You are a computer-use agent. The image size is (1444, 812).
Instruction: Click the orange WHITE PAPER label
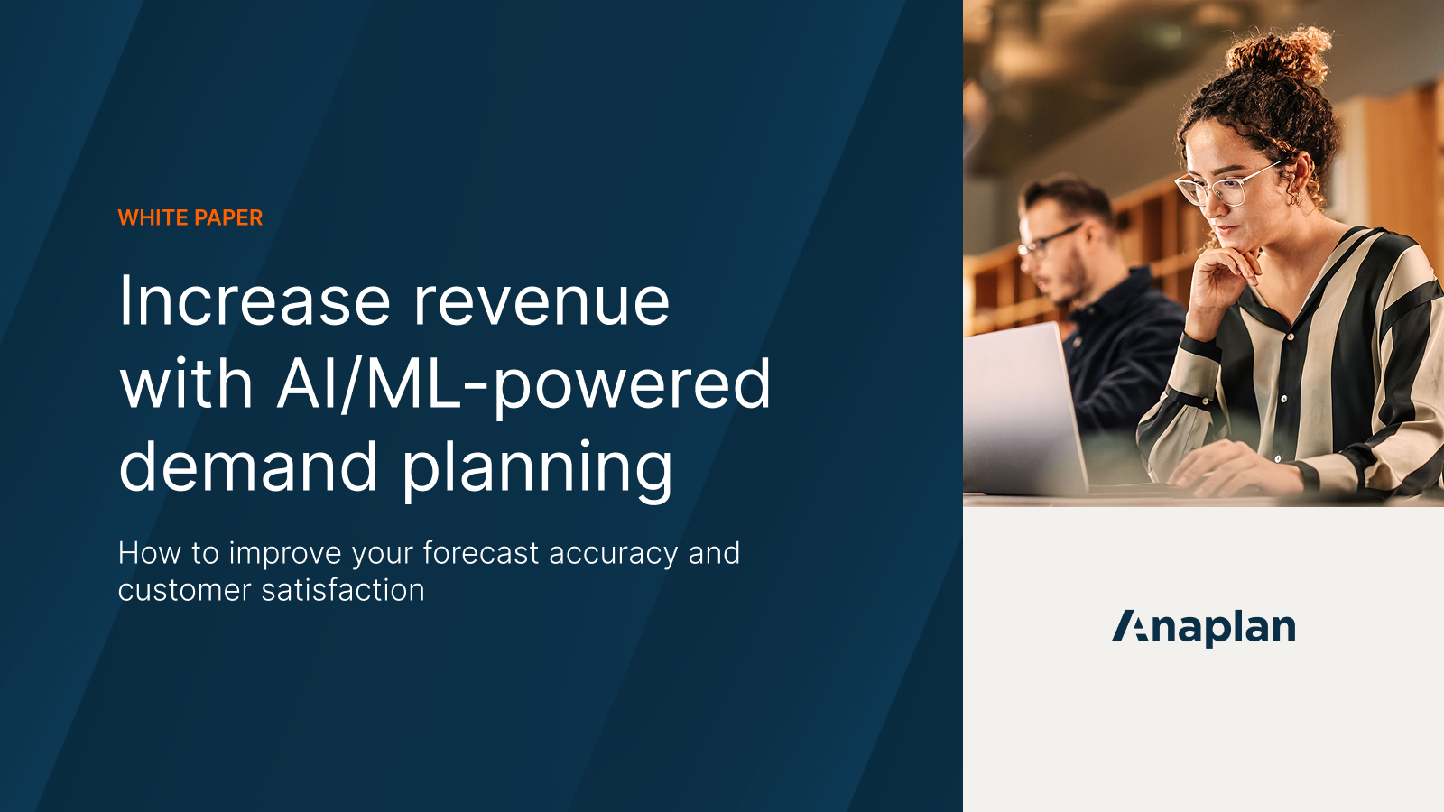coord(190,217)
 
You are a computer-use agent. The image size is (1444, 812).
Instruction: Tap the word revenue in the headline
coord(541,300)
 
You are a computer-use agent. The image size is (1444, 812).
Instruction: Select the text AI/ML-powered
coord(523,384)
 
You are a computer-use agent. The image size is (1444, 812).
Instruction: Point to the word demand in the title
coord(247,466)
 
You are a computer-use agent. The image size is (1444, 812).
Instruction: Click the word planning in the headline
coord(537,468)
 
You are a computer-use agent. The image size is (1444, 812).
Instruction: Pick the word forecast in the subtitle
coord(481,553)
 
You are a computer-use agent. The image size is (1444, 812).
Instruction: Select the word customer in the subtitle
coord(184,590)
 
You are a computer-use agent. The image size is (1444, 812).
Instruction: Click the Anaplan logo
coord(1203,627)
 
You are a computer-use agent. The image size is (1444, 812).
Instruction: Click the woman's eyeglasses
coord(1227,184)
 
